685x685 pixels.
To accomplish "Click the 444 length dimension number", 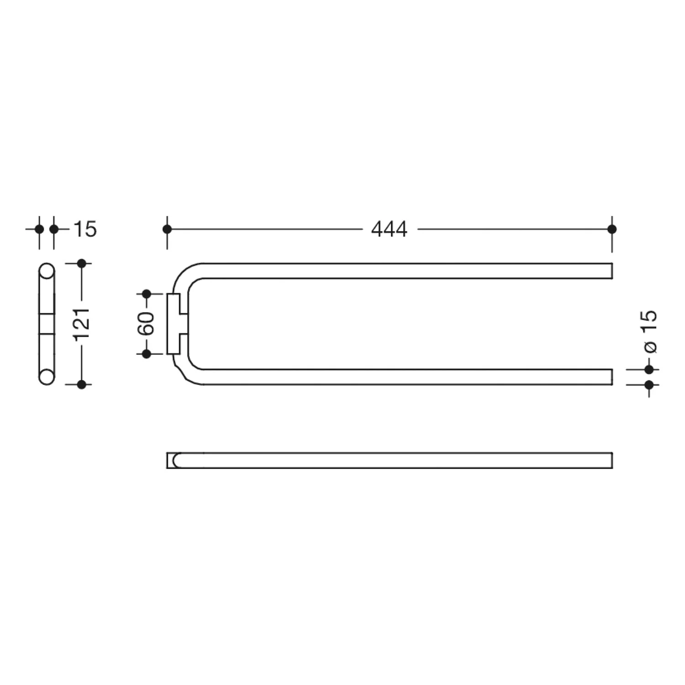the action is click(x=389, y=229).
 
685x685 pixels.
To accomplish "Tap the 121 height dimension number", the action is click(x=83, y=324).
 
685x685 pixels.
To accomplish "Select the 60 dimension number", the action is click(x=147, y=324).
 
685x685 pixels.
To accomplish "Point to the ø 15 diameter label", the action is click(x=649, y=332).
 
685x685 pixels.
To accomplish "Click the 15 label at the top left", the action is click(x=85, y=229).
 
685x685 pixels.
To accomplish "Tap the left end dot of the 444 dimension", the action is click(x=167, y=229).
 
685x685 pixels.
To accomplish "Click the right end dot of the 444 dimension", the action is click(x=612, y=229).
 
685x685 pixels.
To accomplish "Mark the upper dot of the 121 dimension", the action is click(x=82, y=263).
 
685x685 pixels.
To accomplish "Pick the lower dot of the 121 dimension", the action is click(x=82, y=385).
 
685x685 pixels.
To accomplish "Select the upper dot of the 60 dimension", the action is click(x=147, y=294).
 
